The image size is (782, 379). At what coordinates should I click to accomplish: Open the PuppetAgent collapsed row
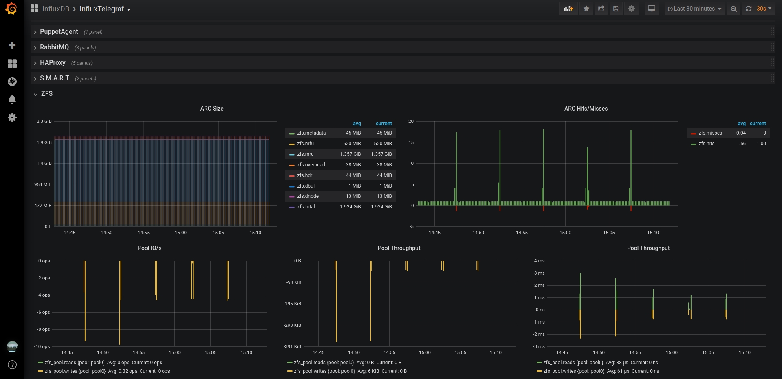pyautogui.click(x=59, y=32)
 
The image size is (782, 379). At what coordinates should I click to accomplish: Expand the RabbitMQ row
pyautogui.click(x=54, y=47)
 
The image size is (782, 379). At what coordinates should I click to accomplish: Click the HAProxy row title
pyautogui.click(x=53, y=63)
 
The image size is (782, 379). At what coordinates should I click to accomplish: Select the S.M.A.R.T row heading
pyautogui.click(x=55, y=78)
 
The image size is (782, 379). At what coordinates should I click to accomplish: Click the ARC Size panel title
pyautogui.click(x=212, y=109)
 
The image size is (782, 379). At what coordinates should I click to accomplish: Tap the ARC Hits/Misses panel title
pyautogui.click(x=586, y=109)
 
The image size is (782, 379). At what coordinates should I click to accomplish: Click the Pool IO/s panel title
pyautogui.click(x=150, y=248)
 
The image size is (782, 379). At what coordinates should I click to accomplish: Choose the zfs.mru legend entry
pyautogui.click(x=305, y=154)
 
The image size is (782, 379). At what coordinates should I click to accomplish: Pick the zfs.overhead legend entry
pyautogui.click(x=311, y=165)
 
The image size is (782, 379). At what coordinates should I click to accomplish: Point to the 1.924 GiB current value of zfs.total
pyautogui.click(x=381, y=207)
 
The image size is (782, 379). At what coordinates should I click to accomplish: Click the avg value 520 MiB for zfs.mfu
pyautogui.click(x=352, y=144)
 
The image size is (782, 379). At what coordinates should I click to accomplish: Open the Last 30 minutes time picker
pyautogui.click(x=694, y=9)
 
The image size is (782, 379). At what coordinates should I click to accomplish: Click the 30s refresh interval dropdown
pyautogui.click(x=764, y=9)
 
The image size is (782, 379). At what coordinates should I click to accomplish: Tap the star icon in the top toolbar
pyautogui.click(x=586, y=9)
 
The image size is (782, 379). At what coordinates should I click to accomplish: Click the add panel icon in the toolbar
pyautogui.click(x=568, y=9)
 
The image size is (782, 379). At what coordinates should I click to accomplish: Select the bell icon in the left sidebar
pyautogui.click(x=12, y=100)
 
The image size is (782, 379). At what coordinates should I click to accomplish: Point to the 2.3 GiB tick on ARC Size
pyautogui.click(x=44, y=121)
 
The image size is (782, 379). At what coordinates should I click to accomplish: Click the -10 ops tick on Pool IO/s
pyautogui.click(x=42, y=346)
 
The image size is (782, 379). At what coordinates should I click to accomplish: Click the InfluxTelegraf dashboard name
pyautogui.click(x=101, y=9)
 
